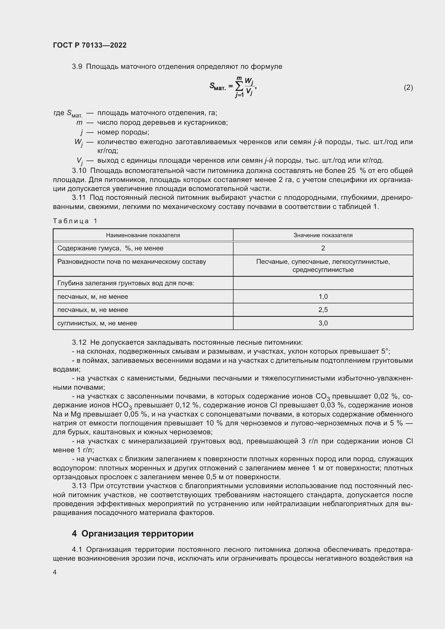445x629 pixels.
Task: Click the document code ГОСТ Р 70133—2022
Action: coord(90,45)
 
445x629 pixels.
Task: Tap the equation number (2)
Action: coord(408,87)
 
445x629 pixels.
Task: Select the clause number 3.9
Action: coord(77,67)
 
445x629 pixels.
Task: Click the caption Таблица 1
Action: coord(75,221)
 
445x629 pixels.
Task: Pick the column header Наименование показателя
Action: coord(143,235)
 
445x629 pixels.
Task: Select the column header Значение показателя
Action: coord(323,235)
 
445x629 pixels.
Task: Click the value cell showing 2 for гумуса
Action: coord(323,248)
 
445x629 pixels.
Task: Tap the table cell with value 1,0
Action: coord(323,296)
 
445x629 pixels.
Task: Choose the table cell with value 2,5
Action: coord(323,310)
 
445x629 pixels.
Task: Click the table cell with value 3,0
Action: coord(323,323)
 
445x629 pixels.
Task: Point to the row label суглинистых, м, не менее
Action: coord(97,323)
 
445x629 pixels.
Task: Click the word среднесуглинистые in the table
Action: coord(323,269)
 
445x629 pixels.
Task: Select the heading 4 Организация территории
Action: coord(133,533)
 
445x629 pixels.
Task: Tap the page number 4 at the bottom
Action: coord(55,572)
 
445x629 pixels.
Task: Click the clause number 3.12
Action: coord(79,342)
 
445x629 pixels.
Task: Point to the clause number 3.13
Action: coord(79,486)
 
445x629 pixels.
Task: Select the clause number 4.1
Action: coord(77,550)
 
